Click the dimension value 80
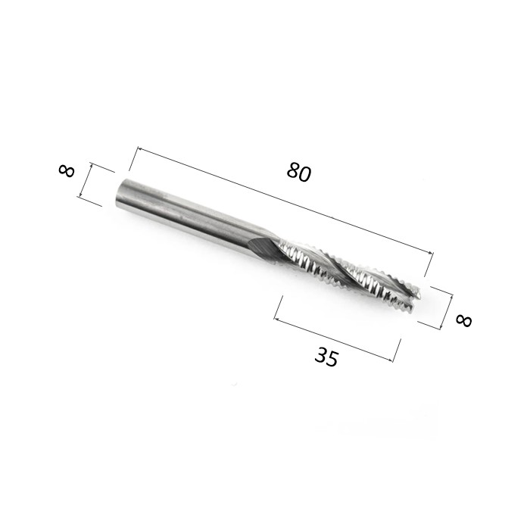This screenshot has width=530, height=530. pyautogui.click(x=298, y=173)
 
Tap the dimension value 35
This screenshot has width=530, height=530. pyautogui.click(x=326, y=357)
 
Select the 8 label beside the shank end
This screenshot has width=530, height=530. pyautogui.click(x=67, y=170)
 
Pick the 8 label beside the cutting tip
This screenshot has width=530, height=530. pyautogui.click(x=463, y=320)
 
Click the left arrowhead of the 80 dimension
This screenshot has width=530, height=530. pyautogui.click(x=140, y=149)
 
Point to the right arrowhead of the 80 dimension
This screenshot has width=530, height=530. pyautogui.click(x=429, y=252)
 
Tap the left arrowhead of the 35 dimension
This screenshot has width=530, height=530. pyautogui.click(x=277, y=319)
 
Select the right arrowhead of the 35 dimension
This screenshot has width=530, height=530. pyautogui.click(x=390, y=360)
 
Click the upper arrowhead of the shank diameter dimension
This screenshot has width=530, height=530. pyautogui.click(x=91, y=166)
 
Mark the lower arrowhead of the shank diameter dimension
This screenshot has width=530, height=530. pyautogui.click(x=81, y=194)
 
